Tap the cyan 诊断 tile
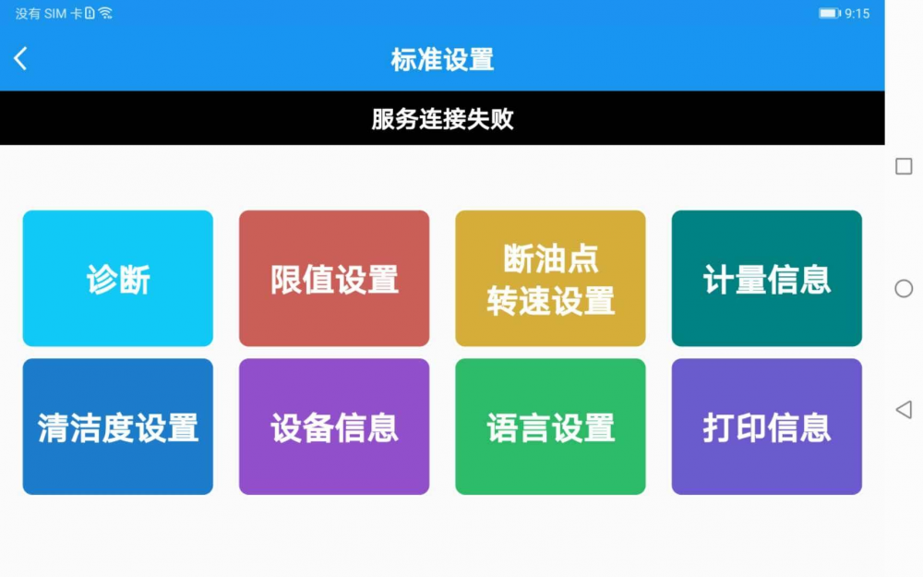pos(118,278)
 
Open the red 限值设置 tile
pos(334,278)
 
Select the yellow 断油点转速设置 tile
pos(550,278)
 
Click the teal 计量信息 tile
pos(766,278)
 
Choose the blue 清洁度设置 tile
pos(118,427)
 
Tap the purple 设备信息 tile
pos(334,427)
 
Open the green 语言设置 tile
pos(550,427)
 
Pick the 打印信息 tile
pos(766,427)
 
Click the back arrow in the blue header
pos(20,58)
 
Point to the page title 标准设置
pos(442,59)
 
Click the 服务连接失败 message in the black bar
pos(442,119)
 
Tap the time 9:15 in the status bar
pos(857,14)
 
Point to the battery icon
pos(830,14)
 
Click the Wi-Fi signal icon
pos(105,13)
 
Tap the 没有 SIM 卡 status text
pos(49,14)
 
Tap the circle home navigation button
pos(904,288)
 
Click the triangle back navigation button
pos(904,409)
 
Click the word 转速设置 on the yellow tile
pos(550,300)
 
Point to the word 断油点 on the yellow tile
pos(550,258)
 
